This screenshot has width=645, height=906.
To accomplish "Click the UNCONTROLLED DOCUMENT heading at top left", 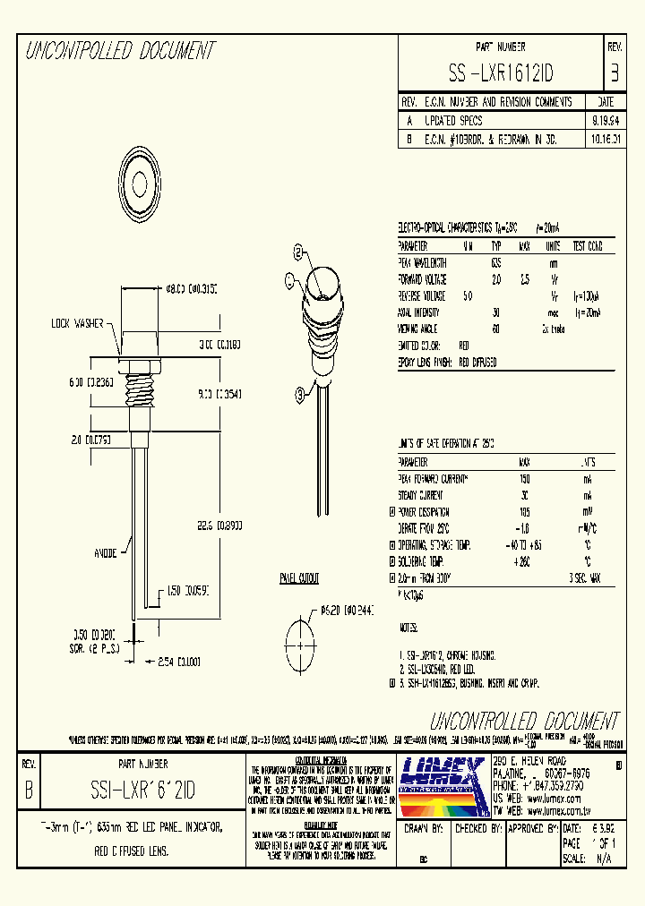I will click(120, 52).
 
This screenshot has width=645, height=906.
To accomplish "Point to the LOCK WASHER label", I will click(78, 322).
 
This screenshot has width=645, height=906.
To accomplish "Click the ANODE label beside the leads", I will click(106, 552).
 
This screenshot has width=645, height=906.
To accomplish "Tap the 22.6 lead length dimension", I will click(208, 527).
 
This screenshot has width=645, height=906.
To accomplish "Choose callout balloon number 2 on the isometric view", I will click(298, 252).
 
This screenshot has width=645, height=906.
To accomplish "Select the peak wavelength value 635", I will click(496, 263).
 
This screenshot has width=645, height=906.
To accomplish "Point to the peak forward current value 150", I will click(524, 478).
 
